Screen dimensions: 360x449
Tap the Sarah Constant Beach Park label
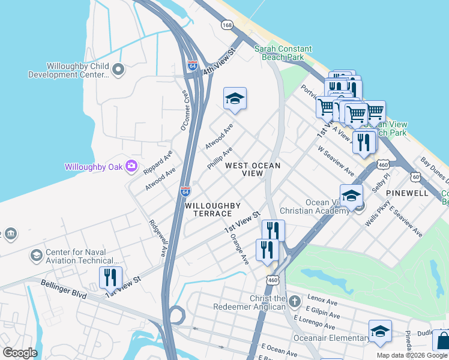(x=283, y=53)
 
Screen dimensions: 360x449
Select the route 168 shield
(x=226, y=25)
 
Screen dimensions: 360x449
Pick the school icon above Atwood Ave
(x=235, y=100)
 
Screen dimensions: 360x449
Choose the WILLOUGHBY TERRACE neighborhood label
(x=208, y=209)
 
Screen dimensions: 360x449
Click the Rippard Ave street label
(x=157, y=163)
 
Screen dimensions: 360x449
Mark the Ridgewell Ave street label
(x=157, y=238)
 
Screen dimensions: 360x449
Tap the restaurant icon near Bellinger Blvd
(x=109, y=277)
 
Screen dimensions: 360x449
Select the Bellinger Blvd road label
(x=64, y=289)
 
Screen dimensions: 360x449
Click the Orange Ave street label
(x=239, y=248)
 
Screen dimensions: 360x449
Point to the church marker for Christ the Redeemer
(x=294, y=301)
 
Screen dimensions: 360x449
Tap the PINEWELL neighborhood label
(x=407, y=193)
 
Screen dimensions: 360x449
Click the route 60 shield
(x=415, y=176)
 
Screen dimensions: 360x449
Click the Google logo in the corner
(x=20, y=353)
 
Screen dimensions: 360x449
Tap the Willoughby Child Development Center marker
(x=118, y=70)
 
